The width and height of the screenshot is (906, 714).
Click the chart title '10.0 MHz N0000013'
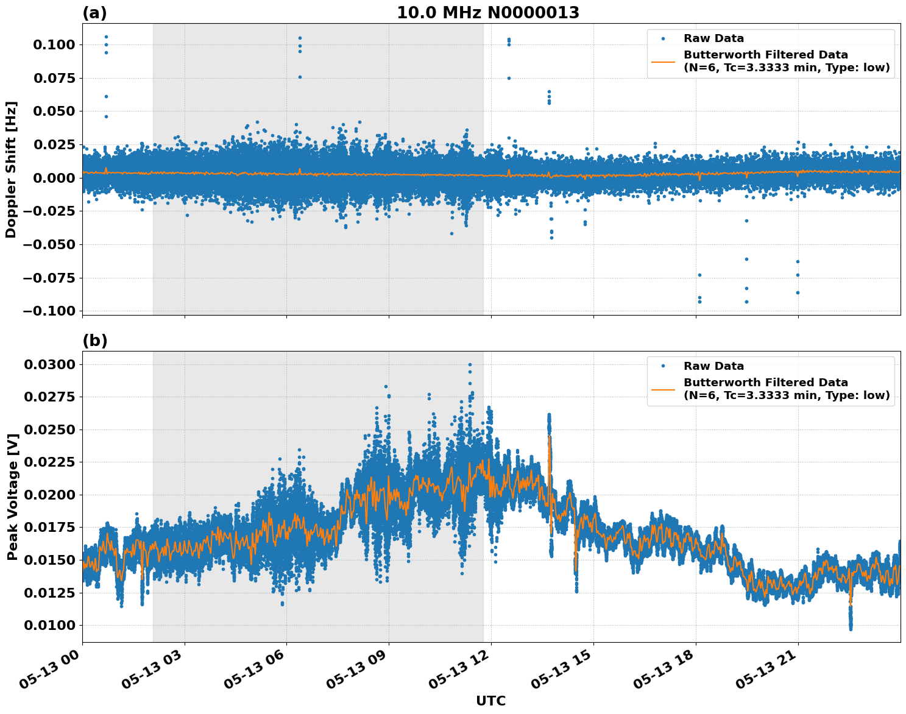coord(488,13)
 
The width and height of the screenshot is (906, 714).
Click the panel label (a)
coord(94,13)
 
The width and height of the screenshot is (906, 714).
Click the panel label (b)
coord(94,341)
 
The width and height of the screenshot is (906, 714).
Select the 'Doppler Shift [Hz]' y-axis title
coord(11,169)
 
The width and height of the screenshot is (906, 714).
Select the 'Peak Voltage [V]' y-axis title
coord(12,497)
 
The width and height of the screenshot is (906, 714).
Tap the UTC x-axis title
coord(490,701)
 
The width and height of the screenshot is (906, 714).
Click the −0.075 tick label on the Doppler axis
coord(53,278)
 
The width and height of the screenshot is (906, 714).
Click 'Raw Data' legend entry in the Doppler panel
coord(713,38)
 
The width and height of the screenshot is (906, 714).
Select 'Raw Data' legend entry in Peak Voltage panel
coord(713,366)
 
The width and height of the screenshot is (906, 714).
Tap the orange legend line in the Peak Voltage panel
coord(663,389)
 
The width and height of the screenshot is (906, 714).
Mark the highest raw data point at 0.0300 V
coord(470,364)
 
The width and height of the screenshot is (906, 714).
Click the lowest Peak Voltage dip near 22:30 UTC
coord(851,628)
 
